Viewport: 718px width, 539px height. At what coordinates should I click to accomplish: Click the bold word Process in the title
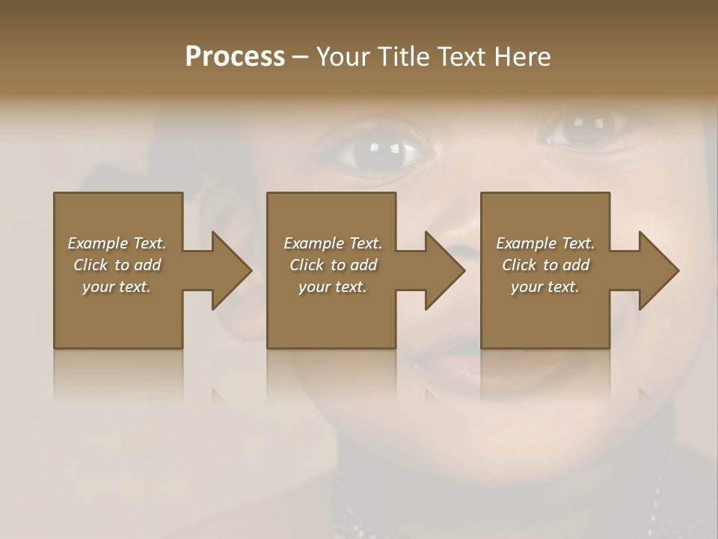coord(235,57)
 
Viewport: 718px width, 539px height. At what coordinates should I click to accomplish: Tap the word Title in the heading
coord(402,57)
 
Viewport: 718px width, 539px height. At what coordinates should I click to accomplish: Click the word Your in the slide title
coord(344,57)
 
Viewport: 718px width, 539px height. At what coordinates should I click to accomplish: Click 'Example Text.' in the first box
coord(117,243)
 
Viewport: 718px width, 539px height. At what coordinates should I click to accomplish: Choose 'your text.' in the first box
coord(117,287)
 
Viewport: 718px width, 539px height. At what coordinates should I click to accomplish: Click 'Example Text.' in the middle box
coord(333,243)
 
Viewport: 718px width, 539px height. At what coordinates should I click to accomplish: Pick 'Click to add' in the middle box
coord(333,265)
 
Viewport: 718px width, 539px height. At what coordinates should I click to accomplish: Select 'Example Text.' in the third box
coord(545,243)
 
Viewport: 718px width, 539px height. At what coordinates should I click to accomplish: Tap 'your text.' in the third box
coord(545,287)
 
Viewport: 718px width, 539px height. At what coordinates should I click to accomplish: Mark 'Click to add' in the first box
coord(117,265)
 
